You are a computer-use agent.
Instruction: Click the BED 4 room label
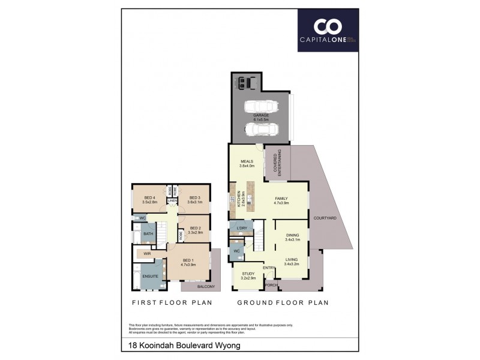coord(149,197)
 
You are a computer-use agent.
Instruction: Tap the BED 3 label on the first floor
coord(194,197)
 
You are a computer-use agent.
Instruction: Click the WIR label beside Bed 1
coord(147,254)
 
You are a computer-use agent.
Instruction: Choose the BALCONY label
coord(206,287)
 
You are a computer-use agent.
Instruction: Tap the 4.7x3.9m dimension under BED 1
coord(189,265)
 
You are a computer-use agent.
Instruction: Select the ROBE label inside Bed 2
coord(181,236)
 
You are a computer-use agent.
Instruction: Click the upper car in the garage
coord(262,107)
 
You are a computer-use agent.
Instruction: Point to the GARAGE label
coord(260,115)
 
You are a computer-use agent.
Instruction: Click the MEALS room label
coord(247,161)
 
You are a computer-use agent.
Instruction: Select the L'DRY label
coord(242,229)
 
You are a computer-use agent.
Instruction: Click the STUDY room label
coord(248,274)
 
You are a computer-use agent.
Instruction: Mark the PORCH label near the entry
coord(271,285)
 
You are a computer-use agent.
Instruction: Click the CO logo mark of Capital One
coord(328,26)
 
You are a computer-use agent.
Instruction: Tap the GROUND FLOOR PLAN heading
coord(282,303)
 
